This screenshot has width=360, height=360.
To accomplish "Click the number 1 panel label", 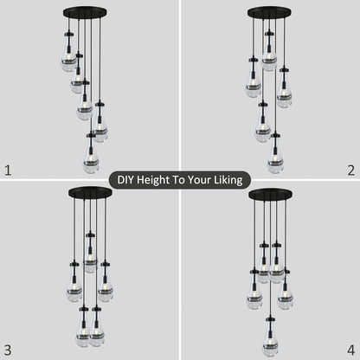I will click(x=9, y=170).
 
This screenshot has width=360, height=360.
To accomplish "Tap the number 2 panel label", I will click(x=350, y=170).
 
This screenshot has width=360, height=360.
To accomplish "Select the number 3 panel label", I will click(x=9, y=350).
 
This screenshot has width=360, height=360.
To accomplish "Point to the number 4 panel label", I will click(x=350, y=350).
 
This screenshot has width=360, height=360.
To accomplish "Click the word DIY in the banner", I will click(x=129, y=180).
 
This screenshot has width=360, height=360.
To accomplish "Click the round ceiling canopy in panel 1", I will click(x=82, y=13).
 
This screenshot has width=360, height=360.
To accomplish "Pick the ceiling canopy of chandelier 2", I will click(x=269, y=13).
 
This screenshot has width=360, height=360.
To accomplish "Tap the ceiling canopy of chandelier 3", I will click(x=90, y=193).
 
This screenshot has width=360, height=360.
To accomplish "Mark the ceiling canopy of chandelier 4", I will click(x=269, y=193).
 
